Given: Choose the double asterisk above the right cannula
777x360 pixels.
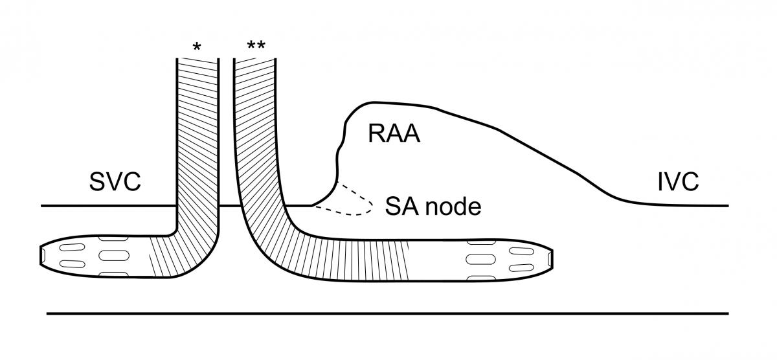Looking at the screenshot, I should tap(256, 47).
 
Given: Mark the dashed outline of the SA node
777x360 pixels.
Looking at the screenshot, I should tap(350, 201).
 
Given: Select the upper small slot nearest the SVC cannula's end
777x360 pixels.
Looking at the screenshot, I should tap(69, 247).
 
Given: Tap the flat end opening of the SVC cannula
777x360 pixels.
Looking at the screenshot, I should tap(41, 256).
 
